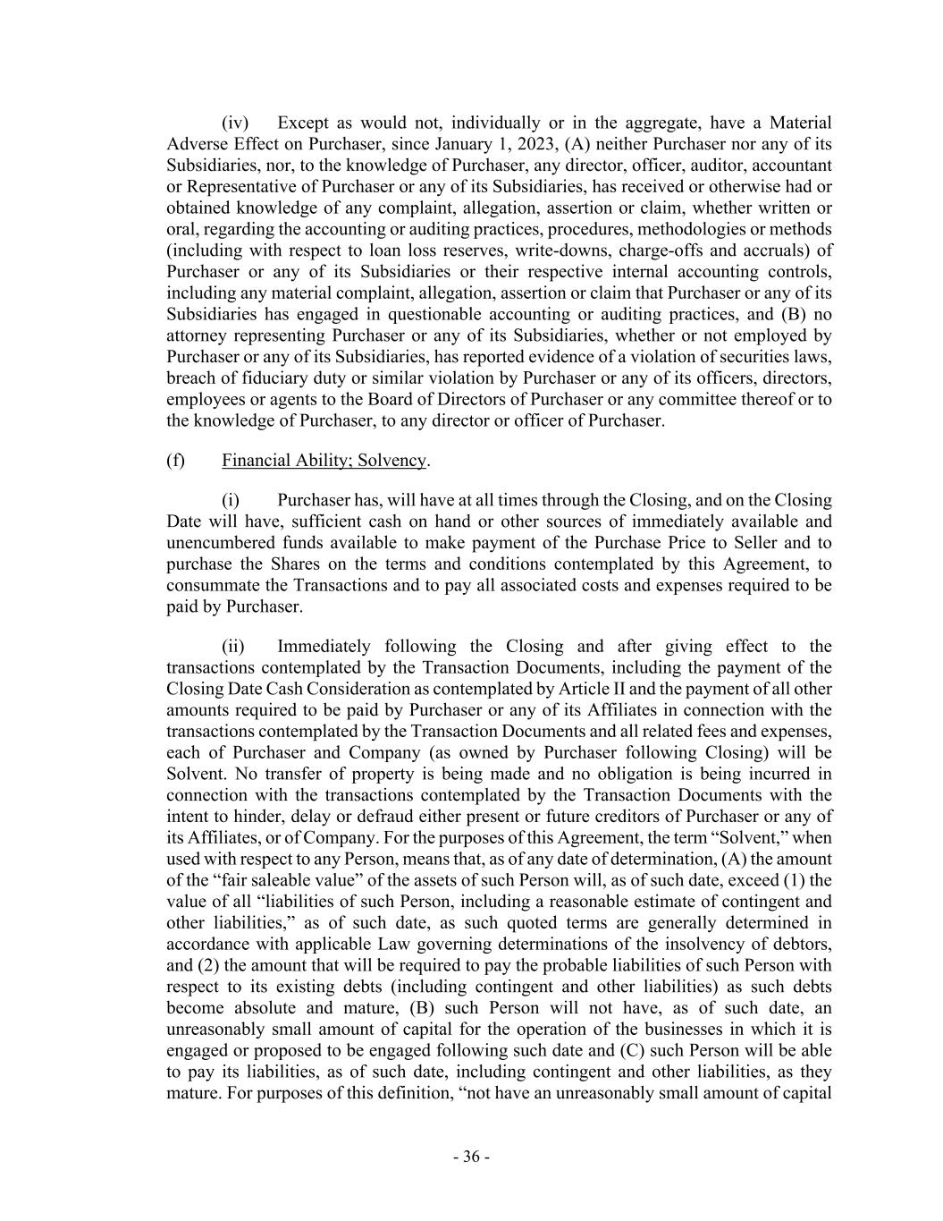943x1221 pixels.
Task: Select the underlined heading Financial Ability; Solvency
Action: (x=324, y=460)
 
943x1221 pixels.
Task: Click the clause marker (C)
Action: (x=632, y=1050)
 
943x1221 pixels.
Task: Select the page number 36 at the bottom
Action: (x=471, y=1157)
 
